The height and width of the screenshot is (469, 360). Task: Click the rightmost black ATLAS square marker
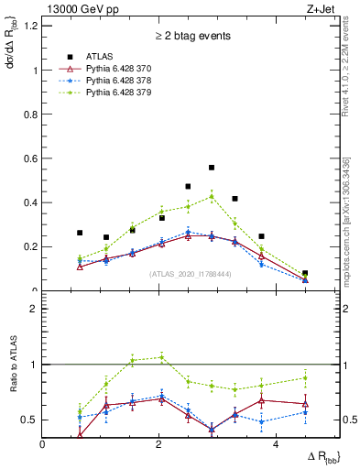(x=305, y=273)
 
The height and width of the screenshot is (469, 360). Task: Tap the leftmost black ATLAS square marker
(x=80, y=233)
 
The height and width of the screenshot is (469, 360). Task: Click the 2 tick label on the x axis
(x=159, y=443)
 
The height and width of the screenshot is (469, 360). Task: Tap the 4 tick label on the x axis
(x=276, y=443)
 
